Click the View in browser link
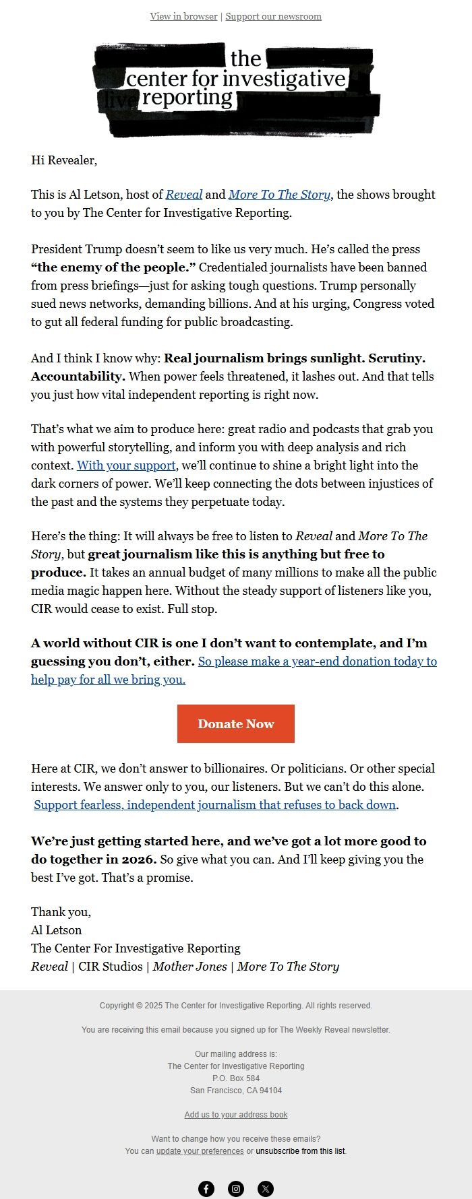click(183, 16)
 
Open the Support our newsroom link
click(273, 16)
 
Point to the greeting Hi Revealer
click(64, 160)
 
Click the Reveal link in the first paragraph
click(183, 195)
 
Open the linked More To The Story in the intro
click(280, 195)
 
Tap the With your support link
click(126, 465)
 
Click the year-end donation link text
click(317, 661)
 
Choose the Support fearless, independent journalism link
click(214, 805)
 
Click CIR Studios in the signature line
click(111, 967)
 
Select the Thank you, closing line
click(61, 912)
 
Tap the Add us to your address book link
click(236, 1115)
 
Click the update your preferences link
click(200, 1151)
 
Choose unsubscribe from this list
click(300, 1151)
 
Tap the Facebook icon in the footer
click(206, 1189)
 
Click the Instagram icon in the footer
click(236, 1189)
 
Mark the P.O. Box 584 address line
click(236, 1078)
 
